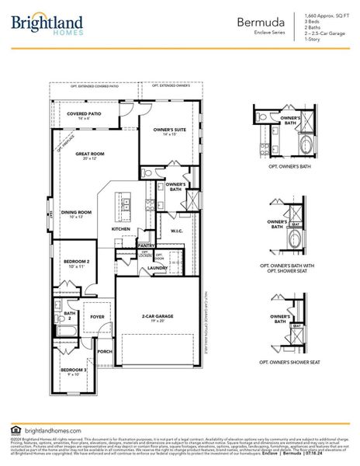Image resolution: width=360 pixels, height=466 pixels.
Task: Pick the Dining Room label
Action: coord(77,213)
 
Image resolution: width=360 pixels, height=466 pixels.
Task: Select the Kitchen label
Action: coord(120,229)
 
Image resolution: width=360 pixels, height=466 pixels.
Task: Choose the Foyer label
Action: coord(97,317)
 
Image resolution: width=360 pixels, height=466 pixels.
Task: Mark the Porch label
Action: coord(105,350)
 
